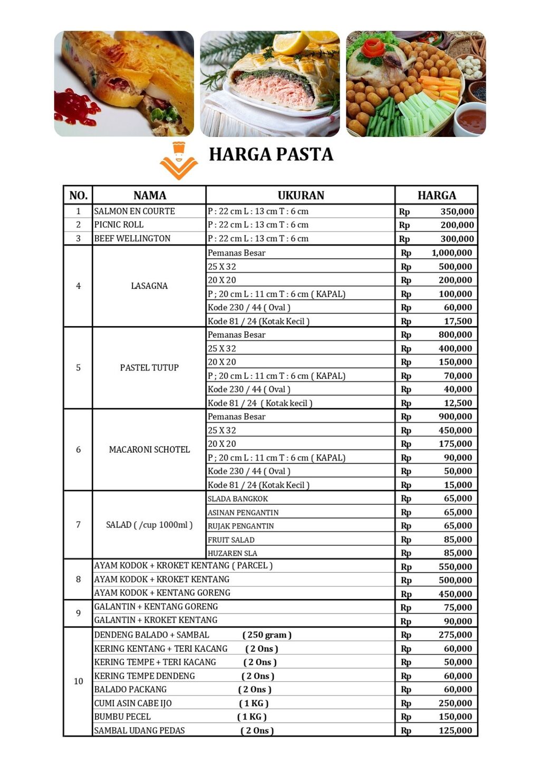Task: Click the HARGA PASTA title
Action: [271, 154]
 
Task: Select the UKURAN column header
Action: [301, 195]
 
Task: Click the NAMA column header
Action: [150, 195]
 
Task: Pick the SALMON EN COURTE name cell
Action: [134, 211]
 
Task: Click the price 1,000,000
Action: [451, 253]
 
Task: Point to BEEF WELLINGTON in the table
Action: [132, 239]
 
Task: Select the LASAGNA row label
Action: [149, 286]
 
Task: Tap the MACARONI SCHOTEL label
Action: [149, 450]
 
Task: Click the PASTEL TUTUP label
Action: [149, 368]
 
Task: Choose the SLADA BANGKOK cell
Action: [238, 499]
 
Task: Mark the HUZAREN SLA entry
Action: [233, 553]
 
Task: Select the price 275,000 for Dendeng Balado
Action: [455, 635]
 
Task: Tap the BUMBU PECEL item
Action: [122, 717]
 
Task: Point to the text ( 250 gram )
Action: [267, 635]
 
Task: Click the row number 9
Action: [78, 613]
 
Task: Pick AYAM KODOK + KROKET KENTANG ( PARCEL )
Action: [183, 566]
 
